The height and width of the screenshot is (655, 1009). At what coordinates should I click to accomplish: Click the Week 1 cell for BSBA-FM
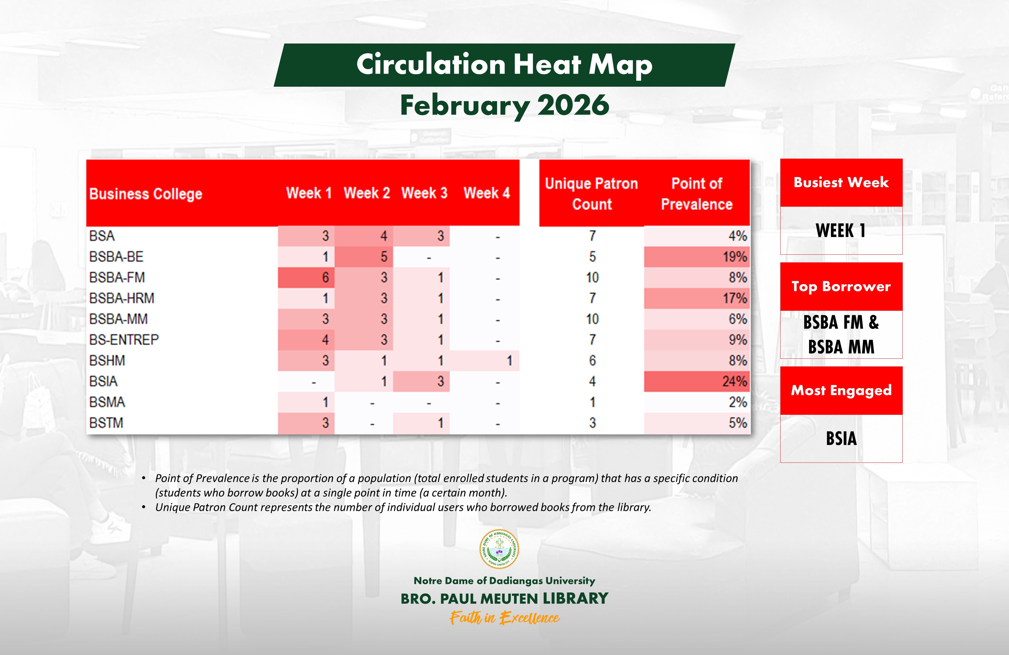click(307, 277)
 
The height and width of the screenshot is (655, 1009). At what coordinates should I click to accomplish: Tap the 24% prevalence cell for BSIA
click(697, 382)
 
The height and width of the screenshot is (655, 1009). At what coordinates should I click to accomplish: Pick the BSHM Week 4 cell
click(485, 360)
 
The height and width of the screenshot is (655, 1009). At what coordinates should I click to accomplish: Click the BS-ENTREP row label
click(124, 340)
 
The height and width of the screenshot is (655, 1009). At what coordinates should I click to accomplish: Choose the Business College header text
click(145, 194)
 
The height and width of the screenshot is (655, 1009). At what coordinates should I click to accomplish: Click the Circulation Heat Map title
click(504, 65)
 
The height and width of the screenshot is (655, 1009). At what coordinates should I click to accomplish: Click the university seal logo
click(499, 549)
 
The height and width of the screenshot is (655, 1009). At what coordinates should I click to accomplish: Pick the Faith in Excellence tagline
click(504, 618)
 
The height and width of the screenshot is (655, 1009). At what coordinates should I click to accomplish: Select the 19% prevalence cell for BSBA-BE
click(697, 257)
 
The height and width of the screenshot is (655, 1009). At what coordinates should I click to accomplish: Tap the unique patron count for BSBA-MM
click(592, 319)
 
